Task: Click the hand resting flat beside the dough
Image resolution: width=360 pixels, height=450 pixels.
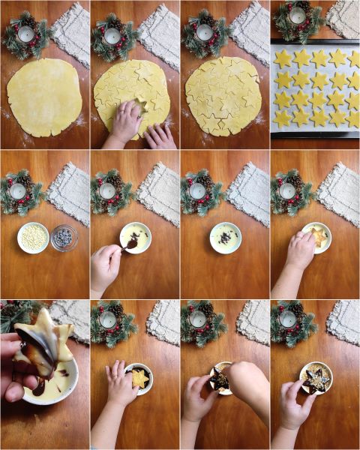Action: (x=160, y=136)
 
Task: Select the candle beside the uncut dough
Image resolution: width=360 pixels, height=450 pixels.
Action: (x=25, y=34)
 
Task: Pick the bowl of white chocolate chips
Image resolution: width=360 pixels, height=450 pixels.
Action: (x=33, y=237)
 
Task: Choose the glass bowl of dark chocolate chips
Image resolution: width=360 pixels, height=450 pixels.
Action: (x=64, y=238)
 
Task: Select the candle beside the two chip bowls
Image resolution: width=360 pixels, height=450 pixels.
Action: (x=18, y=191)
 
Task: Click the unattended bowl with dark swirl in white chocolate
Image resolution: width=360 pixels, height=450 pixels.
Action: (x=225, y=237)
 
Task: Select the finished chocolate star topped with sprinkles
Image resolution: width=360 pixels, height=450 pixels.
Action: (x=315, y=378)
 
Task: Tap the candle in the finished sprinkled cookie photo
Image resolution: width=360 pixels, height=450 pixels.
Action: (x=288, y=319)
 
